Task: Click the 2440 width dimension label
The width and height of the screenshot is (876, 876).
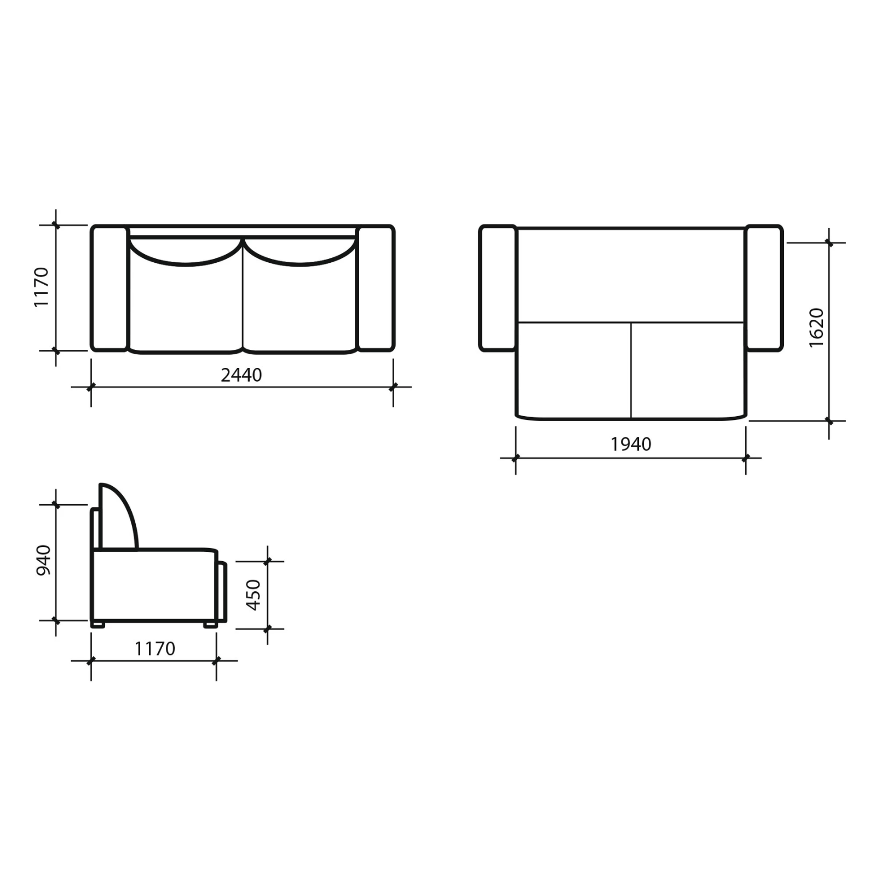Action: [241, 375]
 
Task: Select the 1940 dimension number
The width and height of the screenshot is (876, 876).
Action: [631, 444]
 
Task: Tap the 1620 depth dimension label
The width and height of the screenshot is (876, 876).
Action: [816, 327]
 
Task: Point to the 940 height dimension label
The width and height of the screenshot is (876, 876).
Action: [43, 560]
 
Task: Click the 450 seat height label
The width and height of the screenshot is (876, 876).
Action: [253, 595]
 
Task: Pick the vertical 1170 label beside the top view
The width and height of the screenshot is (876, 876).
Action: [41, 287]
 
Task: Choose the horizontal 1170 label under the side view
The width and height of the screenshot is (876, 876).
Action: [155, 649]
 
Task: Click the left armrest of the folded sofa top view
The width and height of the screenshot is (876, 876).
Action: [109, 288]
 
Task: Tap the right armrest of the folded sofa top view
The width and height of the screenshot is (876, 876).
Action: [376, 288]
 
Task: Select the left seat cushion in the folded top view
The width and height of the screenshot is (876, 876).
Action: [186, 307]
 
